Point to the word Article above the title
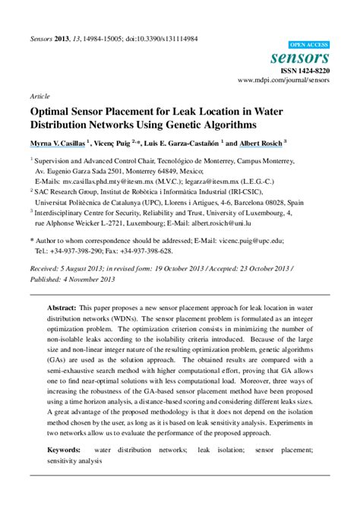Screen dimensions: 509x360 click(x=39, y=97)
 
